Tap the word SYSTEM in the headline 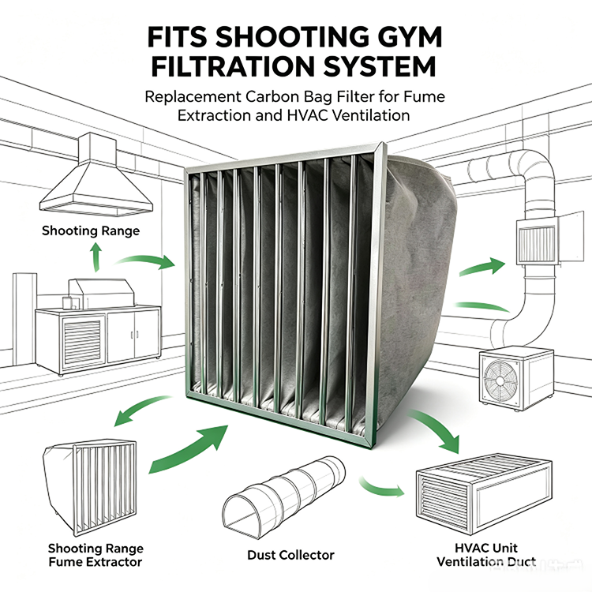[380, 66]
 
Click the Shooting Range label [91, 230]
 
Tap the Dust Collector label [290, 555]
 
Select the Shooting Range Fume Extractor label [96, 555]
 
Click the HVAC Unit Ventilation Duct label [486, 555]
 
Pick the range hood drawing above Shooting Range [96, 174]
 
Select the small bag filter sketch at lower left [90, 488]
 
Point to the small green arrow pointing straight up [96, 257]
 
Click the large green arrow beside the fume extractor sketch [188, 449]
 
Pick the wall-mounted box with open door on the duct [549, 238]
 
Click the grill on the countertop [101, 294]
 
